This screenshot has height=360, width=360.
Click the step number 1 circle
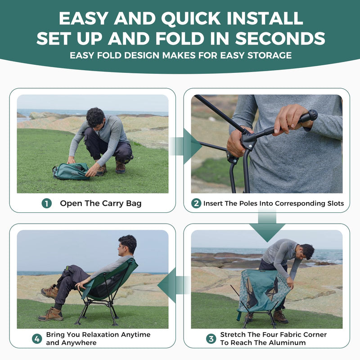(47, 203)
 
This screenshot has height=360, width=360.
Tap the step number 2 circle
(196, 203)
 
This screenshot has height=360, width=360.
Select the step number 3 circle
(211, 338)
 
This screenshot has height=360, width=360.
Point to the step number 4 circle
(37, 338)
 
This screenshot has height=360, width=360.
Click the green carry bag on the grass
(71, 171)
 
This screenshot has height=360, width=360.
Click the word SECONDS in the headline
(279, 38)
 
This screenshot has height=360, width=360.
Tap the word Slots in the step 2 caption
(333, 203)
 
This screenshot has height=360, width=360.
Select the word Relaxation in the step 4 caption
(103, 335)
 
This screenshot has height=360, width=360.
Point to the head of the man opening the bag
(95, 118)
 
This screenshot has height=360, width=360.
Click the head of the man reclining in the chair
(128, 244)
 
